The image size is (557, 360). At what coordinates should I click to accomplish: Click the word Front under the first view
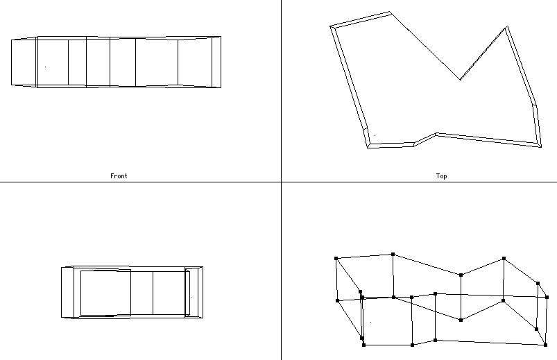coord(119,176)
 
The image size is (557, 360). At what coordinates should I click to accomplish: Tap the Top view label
coord(441,176)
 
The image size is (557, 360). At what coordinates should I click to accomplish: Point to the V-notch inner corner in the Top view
coord(460,79)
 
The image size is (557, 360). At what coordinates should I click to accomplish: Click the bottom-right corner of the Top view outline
coord(539,146)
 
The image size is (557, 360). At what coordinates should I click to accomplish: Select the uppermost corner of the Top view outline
coord(389,12)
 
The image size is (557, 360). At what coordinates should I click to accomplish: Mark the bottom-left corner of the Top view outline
coord(368,147)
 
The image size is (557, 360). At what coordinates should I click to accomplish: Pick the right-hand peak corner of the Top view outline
coord(507,28)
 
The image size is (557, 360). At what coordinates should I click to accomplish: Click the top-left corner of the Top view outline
coord(332,27)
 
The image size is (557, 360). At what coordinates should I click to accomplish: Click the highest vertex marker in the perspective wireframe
coord(393,255)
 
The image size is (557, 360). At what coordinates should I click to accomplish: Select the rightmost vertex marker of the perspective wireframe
coord(547,297)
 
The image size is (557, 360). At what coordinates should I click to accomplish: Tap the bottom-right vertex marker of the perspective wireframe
coord(545,345)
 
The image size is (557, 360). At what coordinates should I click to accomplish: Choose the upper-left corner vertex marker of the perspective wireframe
coord(336,259)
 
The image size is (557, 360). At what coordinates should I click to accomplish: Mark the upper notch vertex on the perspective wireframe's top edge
coord(461,275)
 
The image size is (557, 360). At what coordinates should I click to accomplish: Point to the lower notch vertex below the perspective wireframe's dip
coord(461,320)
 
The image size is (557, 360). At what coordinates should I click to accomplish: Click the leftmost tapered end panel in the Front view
coord(24,62)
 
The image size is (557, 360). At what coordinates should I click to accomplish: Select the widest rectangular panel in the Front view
coord(156,62)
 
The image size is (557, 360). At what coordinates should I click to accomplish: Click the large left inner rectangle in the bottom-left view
coord(105,293)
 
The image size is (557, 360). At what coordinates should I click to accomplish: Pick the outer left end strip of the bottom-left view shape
coord(68,292)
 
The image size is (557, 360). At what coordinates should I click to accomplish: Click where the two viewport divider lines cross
coord(281,182)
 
